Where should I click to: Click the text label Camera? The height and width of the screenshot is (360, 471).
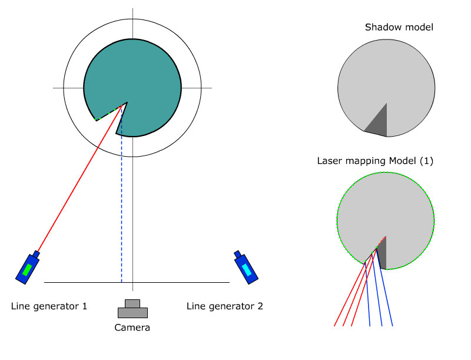pyautogui.click(x=132, y=328)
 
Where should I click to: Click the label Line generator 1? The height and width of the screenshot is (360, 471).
pyautogui.click(x=49, y=306)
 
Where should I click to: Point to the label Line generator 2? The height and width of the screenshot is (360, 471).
pyautogui.click(x=225, y=306)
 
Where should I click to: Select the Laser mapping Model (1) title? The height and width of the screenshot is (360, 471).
pyautogui.click(x=375, y=161)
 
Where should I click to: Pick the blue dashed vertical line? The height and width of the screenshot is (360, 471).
pyautogui.click(x=121, y=206)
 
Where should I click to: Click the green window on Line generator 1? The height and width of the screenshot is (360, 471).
pyautogui.click(x=27, y=270)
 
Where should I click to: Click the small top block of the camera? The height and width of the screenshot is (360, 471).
pyautogui.click(x=132, y=303)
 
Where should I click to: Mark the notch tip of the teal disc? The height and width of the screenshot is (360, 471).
pyautogui.click(x=125, y=104)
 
